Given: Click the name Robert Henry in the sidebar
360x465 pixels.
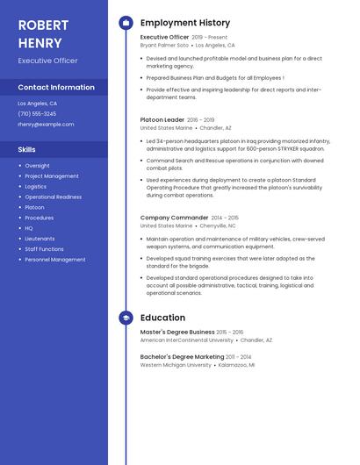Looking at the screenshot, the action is (40, 33).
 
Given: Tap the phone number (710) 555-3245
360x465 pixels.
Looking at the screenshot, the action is (37, 114).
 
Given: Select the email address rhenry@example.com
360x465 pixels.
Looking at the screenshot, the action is (46, 125).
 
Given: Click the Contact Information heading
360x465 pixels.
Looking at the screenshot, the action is (56, 88).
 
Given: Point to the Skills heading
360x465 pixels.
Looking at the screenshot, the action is (27, 150).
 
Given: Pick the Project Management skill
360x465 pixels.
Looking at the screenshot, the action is (52, 176).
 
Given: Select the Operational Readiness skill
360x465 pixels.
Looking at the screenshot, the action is (54, 197).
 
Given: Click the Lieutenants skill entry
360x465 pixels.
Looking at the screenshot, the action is (40, 239).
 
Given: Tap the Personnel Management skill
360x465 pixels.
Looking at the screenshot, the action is (55, 260).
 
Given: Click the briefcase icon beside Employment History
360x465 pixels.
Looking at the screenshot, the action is (126, 23).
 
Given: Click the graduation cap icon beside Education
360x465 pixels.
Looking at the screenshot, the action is (126, 318).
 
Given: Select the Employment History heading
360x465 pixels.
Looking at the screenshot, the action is (185, 23).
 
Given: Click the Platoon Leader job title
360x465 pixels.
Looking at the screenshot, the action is (162, 119).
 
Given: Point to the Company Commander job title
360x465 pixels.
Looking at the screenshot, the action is (175, 218).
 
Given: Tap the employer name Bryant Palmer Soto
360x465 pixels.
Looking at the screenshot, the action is (164, 45).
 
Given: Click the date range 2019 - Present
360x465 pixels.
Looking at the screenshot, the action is (209, 38).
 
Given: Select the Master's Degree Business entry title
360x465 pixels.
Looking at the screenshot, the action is (177, 333).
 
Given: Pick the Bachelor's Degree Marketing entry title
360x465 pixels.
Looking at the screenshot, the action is (182, 357).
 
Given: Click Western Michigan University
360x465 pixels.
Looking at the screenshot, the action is (176, 365).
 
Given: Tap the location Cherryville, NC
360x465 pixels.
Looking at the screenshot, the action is (218, 225).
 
